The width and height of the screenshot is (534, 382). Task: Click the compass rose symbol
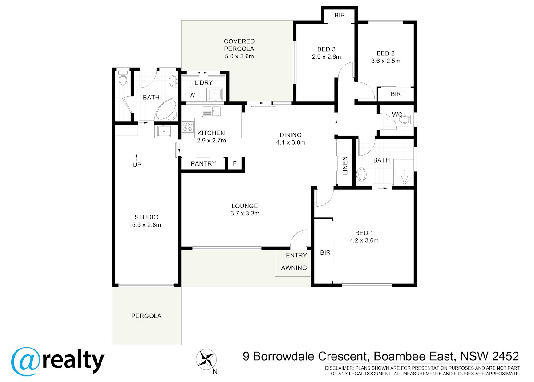[x=206, y=359]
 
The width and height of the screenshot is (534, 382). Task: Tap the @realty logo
[x=58, y=361]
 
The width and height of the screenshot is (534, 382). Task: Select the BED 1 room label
[x=364, y=233]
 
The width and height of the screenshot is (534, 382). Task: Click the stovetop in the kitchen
[x=188, y=126]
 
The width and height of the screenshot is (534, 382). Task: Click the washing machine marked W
[x=192, y=95]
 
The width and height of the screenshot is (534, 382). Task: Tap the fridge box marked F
[x=235, y=163]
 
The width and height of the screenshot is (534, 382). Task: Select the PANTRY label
[x=203, y=163]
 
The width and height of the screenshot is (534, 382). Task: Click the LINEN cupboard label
[x=345, y=166]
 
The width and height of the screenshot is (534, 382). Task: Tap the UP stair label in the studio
[x=137, y=165]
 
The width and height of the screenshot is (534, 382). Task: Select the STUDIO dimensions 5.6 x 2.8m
[x=146, y=225]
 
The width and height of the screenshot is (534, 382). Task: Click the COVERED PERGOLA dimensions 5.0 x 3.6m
[x=239, y=57]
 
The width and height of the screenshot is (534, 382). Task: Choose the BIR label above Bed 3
[x=340, y=16]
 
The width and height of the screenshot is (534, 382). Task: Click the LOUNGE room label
[x=245, y=206]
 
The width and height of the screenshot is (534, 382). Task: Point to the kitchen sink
[x=211, y=111]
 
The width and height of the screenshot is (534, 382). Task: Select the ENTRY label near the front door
[x=296, y=256]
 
